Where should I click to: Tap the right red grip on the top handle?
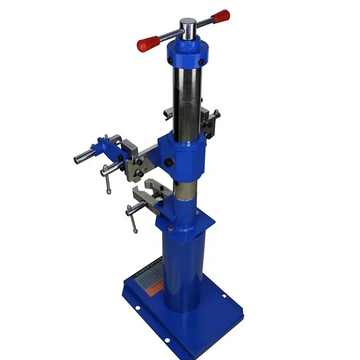click(x=221, y=17)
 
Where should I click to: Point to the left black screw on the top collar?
click(x=170, y=60)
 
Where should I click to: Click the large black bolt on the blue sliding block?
click(x=168, y=162)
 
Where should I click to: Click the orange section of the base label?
click(x=159, y=286)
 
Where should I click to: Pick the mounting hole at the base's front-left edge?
click(x=167, y=340)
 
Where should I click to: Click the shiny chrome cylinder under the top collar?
click(x=188, y=101)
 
